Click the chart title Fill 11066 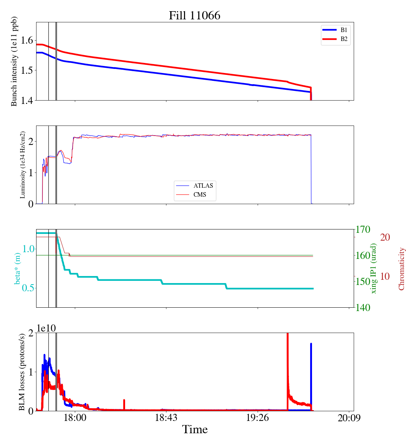click(194, 15)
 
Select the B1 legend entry click(344, 30)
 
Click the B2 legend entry click(344, 39)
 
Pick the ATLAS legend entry click(203, 186)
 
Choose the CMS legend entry click(200, 195)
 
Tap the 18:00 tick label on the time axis click(75, 418)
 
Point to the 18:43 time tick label click(166, 418)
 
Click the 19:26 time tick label click(258, 418)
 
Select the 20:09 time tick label click(349, 418)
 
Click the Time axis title click(195, 429)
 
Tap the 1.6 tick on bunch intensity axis click(26, 41)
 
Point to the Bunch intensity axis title click(14, 61)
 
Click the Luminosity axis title click(23, 165)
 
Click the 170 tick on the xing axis click(363, 229)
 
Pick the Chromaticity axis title click(401, 269)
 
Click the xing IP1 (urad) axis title click(374, 268)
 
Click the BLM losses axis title click(22, 372)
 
